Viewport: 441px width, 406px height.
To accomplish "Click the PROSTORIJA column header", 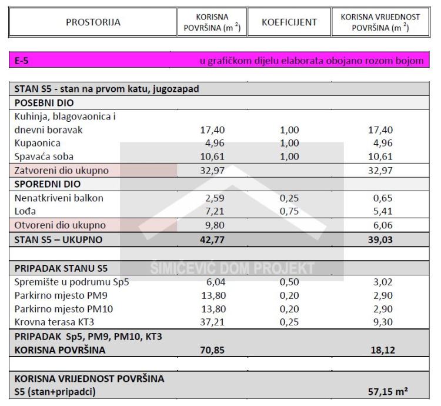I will point(93,22).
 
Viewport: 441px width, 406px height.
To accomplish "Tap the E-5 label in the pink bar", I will point(22,61).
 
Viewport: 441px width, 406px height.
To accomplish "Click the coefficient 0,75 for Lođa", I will point(289,211).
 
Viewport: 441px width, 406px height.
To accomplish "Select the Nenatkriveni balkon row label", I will point(59,198).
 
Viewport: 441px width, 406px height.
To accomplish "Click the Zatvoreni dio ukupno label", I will point(62,171).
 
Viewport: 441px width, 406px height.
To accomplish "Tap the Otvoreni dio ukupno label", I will point(61,225).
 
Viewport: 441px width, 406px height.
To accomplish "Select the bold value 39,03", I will point(380,239).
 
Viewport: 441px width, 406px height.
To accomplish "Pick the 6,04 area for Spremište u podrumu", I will point(215,281).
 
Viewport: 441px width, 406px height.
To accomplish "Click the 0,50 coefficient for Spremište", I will point(289,281).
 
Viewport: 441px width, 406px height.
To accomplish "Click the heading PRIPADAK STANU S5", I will point(61,268).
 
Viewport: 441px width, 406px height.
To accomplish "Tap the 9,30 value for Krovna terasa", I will point(383,322).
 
